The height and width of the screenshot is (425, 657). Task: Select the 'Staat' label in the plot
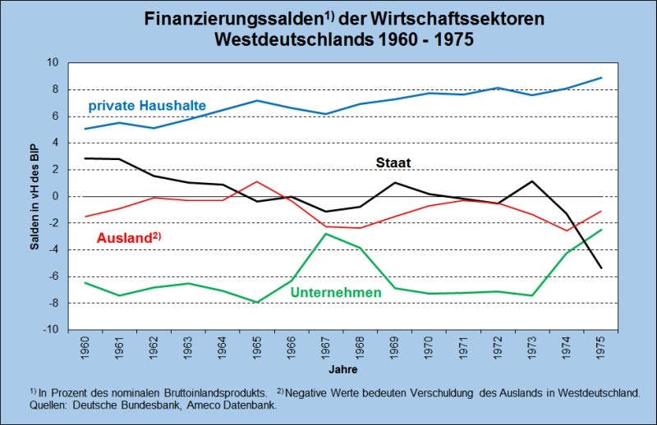(394, 162)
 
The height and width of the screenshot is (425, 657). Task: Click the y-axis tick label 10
(52, 62)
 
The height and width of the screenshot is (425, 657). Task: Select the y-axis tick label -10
(50, 330)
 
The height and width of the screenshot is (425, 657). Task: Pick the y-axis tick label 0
(55, 196)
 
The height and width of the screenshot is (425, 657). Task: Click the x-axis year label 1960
(85, 345)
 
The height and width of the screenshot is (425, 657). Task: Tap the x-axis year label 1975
(601, 345)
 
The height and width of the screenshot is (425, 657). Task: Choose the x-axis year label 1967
(326, 345)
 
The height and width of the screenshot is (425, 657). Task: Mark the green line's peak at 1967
(326, 234)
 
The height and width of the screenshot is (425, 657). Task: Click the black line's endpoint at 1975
(601, 268)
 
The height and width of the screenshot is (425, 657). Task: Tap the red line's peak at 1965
(257, 181)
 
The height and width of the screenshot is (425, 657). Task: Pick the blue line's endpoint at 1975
(601, 78)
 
